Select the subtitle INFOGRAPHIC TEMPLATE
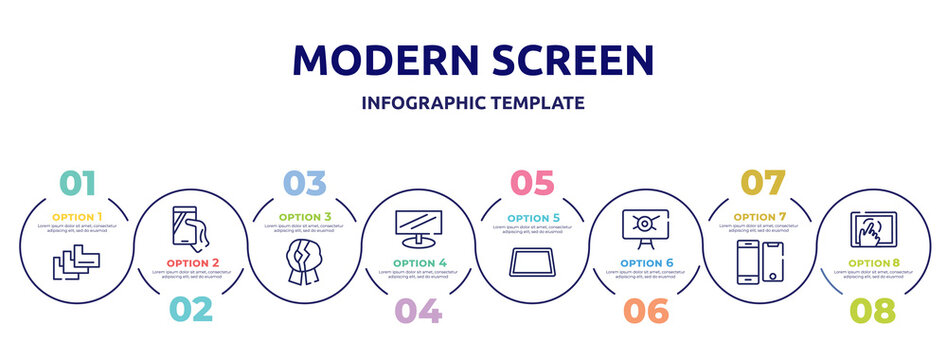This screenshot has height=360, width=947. pos(473,102)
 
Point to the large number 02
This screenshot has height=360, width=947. pos(190,309)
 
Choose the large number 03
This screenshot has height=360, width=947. pos(304,183)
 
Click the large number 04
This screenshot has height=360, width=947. pos(418,311)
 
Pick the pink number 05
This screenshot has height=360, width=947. pos(531,183)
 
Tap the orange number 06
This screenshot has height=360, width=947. pos(646,311)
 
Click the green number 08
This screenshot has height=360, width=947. pos(872,311)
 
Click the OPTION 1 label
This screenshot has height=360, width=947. pos(77,217)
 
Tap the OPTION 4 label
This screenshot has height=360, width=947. pos(418,263)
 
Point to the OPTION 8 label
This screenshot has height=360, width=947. pos(873,263)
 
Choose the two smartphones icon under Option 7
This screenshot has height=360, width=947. pos(760,263)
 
